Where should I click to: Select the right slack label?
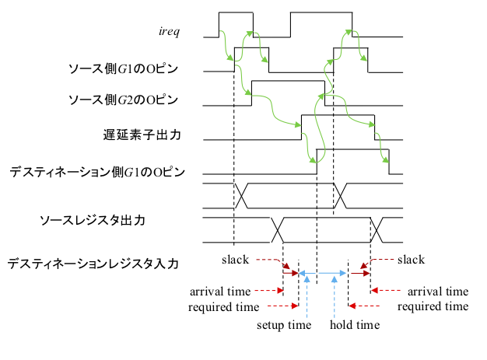[412, 259]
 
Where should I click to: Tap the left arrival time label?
[220, 292]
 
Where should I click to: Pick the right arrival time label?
[438, 292]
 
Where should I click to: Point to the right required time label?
[433, 306]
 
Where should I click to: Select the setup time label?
[284, 325]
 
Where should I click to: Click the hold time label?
[355, 325]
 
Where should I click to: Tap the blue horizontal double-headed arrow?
[324, 272]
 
